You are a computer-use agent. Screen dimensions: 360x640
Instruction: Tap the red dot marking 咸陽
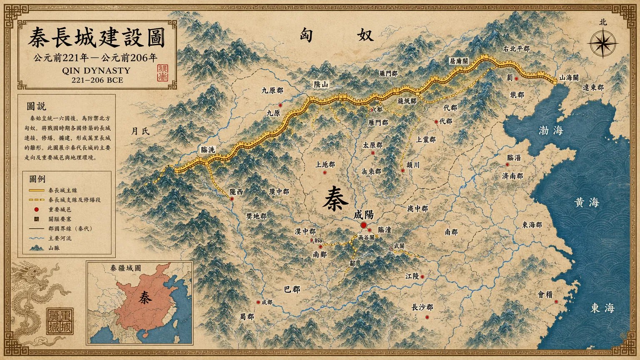point(363,225)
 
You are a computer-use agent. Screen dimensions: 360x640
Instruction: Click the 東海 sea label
point(602,308)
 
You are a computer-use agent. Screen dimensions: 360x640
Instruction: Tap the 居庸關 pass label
point(458,61)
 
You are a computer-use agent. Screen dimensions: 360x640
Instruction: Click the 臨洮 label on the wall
point(207,150)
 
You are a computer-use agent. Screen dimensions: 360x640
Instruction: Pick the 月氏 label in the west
point(140,131)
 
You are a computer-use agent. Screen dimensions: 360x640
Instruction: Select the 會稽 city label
point(545,295)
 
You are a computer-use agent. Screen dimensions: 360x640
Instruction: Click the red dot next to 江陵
point(422,277)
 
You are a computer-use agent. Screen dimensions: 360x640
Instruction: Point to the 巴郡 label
point(292,289)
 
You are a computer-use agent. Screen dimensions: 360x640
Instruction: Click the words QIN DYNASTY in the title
point(96,70)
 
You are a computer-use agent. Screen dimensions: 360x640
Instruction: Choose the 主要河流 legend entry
point(60,238)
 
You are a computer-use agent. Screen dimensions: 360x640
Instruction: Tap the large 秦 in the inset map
point(145,297)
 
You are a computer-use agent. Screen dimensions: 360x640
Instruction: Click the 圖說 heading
point(36,106)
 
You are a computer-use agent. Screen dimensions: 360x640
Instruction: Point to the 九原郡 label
point(272,90)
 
